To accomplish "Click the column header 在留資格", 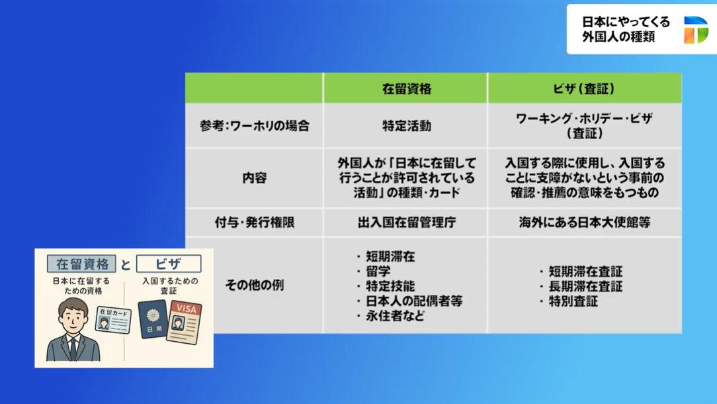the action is coord(407,88).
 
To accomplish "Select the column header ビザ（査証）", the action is coord(584,88).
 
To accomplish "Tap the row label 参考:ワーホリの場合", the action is coord(254,126).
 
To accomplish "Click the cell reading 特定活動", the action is coord(407,126).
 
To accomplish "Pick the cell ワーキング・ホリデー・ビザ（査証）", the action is coord(584,126).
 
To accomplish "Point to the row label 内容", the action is coord(254,177).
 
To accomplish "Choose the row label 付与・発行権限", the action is coord(254,223).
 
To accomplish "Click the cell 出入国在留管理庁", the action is coord(407,223).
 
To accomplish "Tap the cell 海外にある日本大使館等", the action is coord(584,223).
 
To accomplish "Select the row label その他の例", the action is coord(254,285).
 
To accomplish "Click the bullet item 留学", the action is coord(378,271).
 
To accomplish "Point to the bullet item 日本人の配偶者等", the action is coord(414,301).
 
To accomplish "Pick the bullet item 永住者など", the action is coord(395,316).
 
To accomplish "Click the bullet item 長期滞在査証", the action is coord(585,286).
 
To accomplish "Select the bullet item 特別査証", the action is coord(573,301).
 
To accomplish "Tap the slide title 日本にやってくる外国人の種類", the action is coord(626,29).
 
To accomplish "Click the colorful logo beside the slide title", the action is coord(696,30).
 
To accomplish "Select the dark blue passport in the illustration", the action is coord(153,319).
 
